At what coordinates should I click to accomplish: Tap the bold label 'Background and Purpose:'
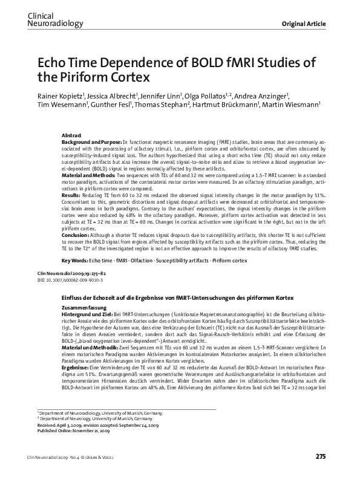(x=91, y=141)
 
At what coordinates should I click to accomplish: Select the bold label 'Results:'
(x=71, y=196)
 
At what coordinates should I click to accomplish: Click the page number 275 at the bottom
(x=321, y=455)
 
